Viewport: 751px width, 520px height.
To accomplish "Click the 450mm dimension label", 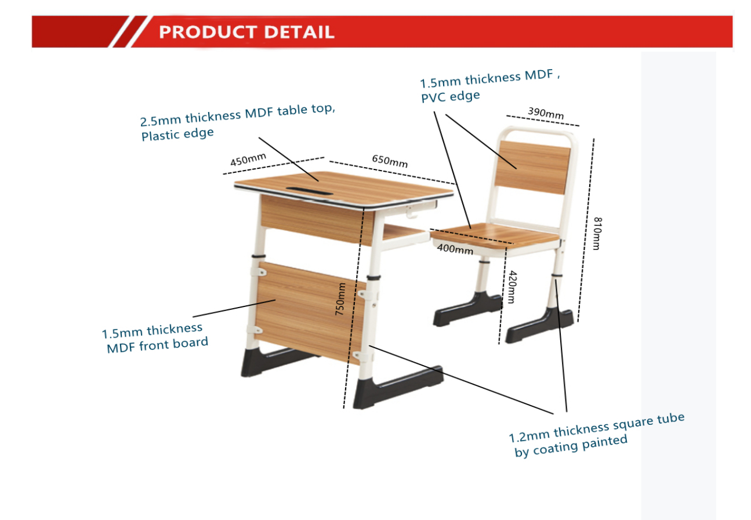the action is (248, 159).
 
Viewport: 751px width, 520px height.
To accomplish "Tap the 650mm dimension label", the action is (390, 161).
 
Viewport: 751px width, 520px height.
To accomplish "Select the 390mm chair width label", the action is (546, 113).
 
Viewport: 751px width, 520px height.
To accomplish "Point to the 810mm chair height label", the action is (597, 233).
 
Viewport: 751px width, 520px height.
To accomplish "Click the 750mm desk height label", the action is (340, 298).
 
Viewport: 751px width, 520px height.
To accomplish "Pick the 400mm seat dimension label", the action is (455, 248).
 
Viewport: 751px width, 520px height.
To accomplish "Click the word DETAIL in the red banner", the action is (299, 32).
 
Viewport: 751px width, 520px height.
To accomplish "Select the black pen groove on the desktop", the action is (309, 190).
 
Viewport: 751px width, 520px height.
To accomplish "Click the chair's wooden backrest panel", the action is (533, 167).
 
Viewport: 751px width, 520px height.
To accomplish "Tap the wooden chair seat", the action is (495, 236).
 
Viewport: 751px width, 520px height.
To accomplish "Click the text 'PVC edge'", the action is (450, 96).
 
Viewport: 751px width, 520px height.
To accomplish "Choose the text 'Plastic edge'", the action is (177, 134).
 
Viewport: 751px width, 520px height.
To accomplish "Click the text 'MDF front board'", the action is (157, 345).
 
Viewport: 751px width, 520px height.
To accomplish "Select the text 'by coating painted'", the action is (571, 446).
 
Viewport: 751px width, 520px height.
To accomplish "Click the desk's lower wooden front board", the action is (310, 312).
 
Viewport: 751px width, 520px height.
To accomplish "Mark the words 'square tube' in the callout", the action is (649, 421).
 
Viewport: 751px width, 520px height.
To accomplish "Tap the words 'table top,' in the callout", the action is (306, 109).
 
